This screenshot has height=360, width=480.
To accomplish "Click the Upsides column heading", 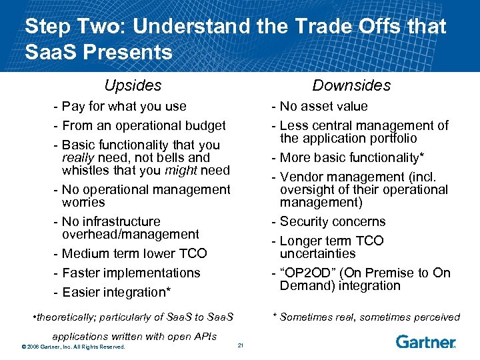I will tap(133, 85).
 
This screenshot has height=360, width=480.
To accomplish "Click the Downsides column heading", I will tap(351, 85).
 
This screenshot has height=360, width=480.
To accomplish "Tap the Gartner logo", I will tap(425, 342).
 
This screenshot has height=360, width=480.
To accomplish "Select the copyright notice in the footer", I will tap(74, 346).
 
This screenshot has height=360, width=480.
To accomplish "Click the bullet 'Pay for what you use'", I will tap(123, 106).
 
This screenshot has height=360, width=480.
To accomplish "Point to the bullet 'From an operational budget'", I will tap(143, 125).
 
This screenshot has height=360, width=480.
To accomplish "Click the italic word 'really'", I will tap(79, 157).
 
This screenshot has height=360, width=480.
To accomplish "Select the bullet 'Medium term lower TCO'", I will tap(133, 253).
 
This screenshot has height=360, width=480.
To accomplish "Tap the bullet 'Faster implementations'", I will tap(130, 273).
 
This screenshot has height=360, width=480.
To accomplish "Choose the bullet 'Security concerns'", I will tap(331, 221).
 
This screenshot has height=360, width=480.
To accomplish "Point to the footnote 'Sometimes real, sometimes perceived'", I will tap(370, 317).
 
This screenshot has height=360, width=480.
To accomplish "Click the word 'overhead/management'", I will tap(130, 234).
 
